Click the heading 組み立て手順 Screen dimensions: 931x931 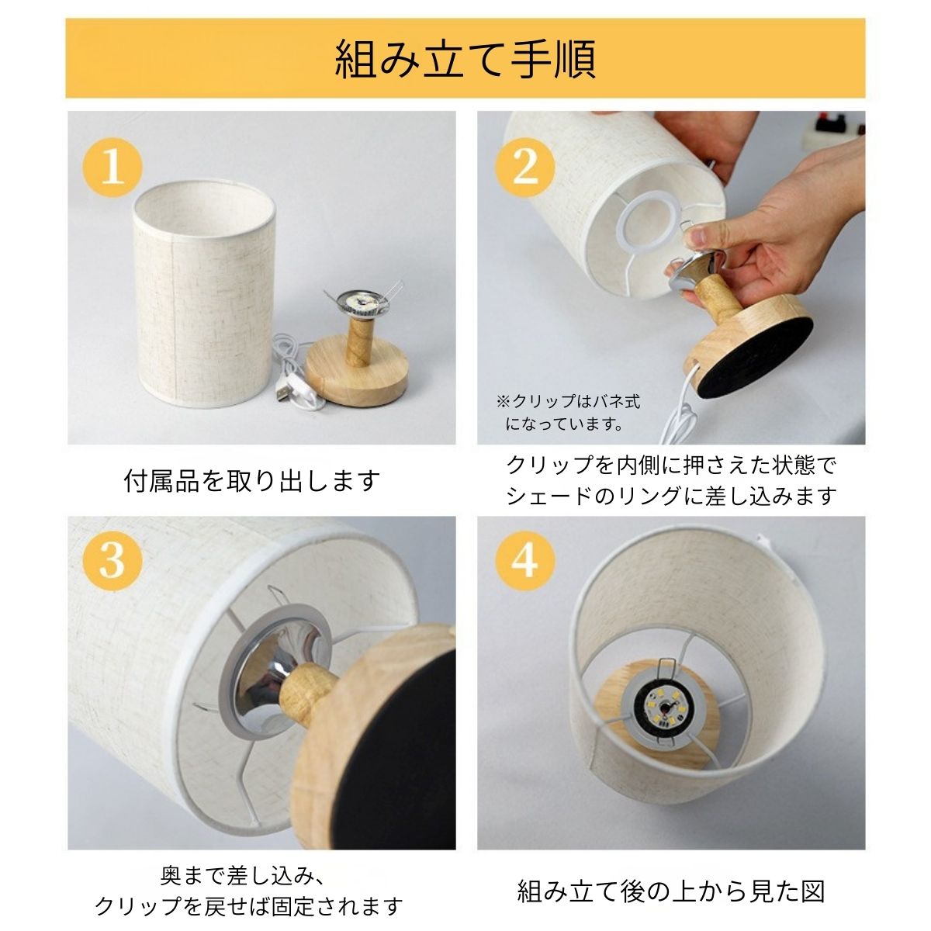click(465, 60)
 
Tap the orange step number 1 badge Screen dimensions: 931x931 click(112, 167)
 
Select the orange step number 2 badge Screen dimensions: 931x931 click(525, 167)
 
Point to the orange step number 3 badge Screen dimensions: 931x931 click(112, 560)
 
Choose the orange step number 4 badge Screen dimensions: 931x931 click(525, 560)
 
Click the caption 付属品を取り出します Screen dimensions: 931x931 click(252, 480)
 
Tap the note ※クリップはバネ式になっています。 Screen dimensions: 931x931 click(568, 412)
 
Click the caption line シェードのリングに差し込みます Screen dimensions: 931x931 click(672, 496)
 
